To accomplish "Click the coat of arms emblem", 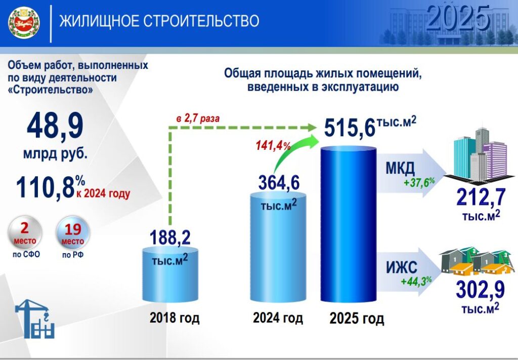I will click(24, 23).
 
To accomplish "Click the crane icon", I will click(35, 318).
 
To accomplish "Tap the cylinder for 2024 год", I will click(278, 248).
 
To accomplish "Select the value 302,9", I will click(480, 290).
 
